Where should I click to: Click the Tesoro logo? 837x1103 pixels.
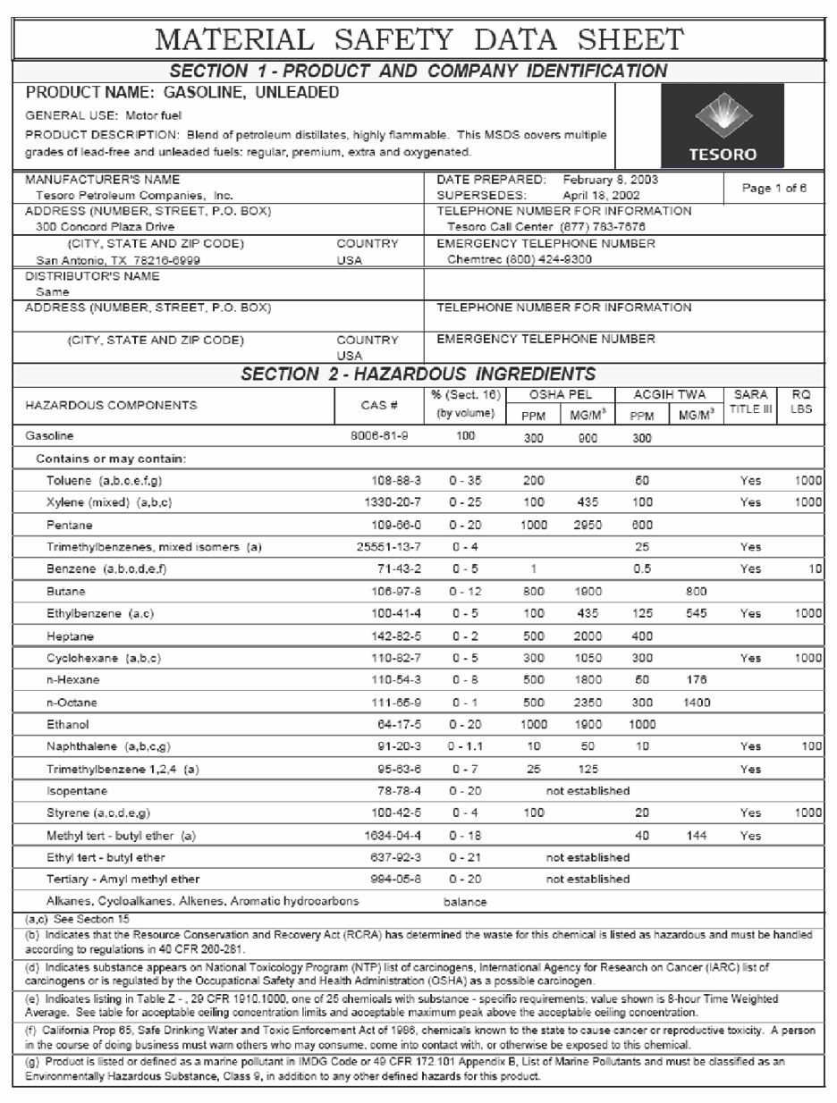tap(722, 126)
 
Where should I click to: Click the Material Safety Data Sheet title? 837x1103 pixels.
tap(418, 39)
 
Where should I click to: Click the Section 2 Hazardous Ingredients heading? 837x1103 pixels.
tap(418, 374)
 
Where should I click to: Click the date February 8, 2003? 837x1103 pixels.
tap(611, 179)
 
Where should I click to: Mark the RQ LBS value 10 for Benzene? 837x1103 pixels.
tap(814, 568)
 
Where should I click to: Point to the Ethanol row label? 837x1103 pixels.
tap(68, 724)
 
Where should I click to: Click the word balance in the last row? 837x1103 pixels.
tap(465, 902)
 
